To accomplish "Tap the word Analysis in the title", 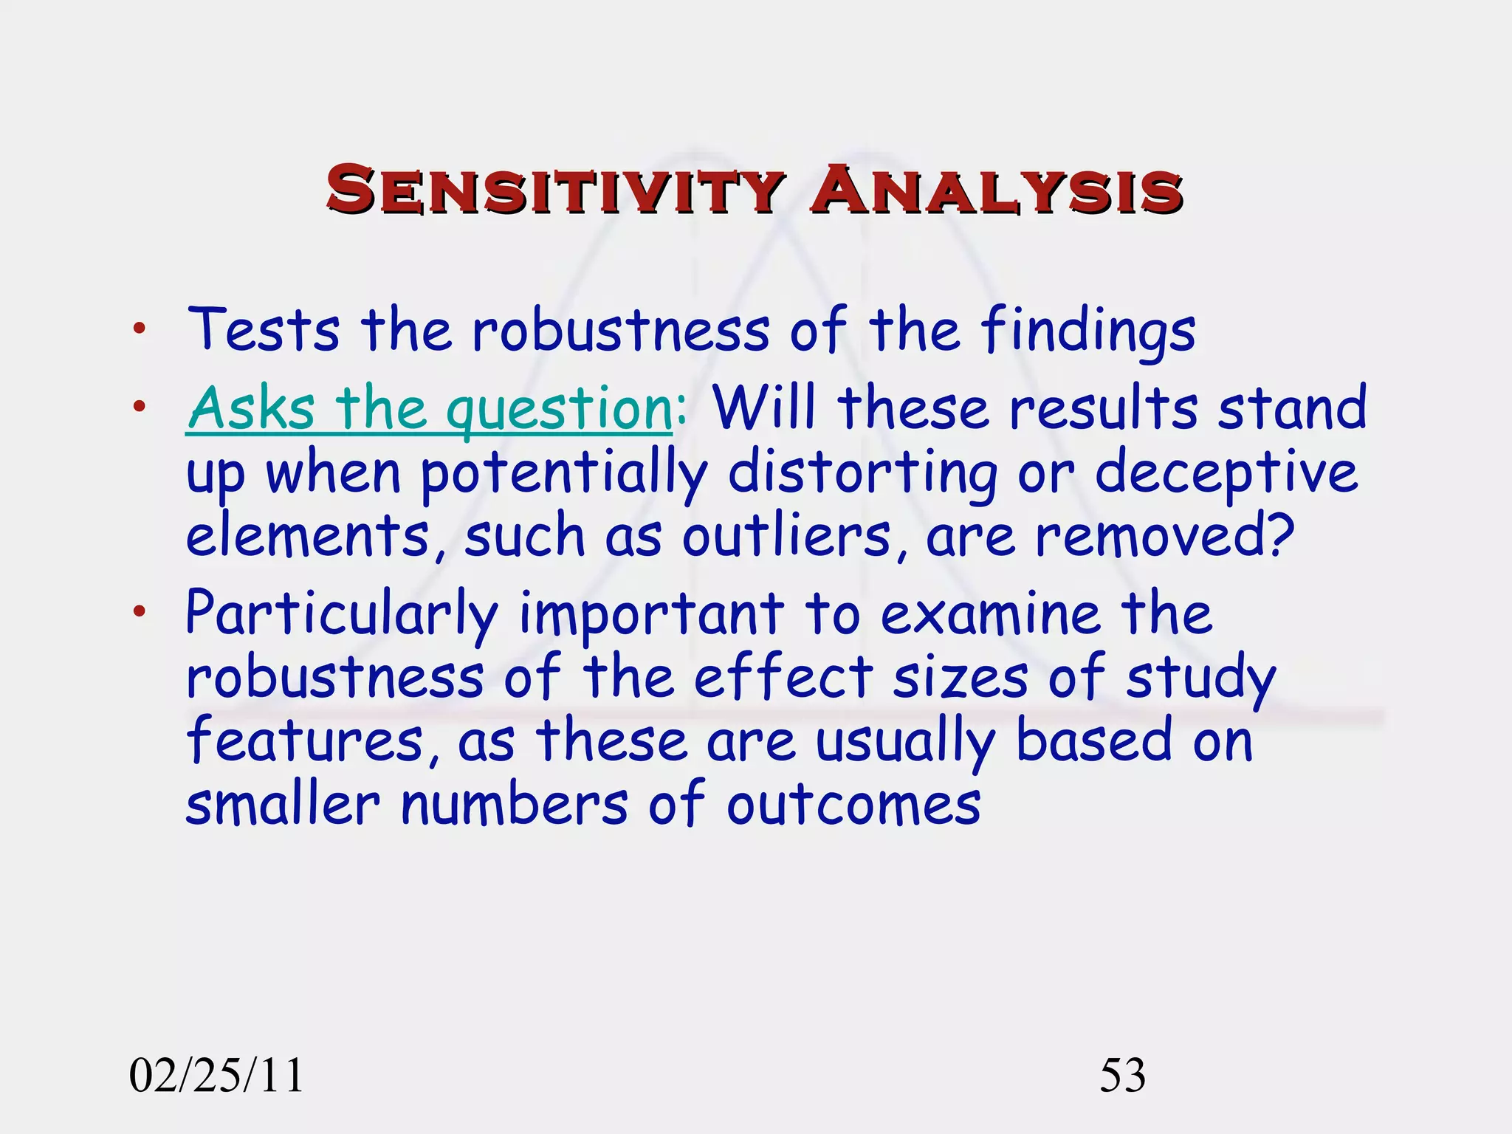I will (996, 190).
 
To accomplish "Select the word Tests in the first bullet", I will (264, 330).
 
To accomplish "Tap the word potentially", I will (564, 473).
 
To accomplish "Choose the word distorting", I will (862, 473).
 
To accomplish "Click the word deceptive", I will (1226, 473).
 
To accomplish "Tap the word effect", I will (783, 677).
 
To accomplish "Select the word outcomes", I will (853, 805).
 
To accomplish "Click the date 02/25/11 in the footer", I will (216, 1075).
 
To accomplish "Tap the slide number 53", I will (1122, 1075).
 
